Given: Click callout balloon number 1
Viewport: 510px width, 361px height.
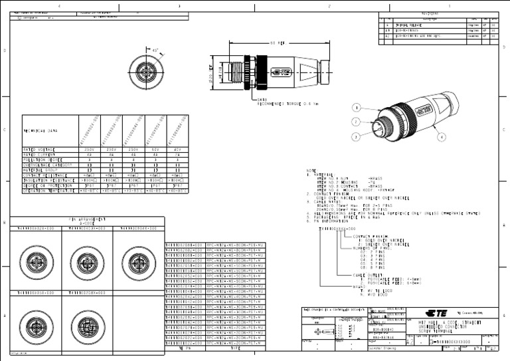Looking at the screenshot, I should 357,107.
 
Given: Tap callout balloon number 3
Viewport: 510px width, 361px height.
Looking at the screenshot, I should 357,136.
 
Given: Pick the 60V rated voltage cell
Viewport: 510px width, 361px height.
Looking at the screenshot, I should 155,150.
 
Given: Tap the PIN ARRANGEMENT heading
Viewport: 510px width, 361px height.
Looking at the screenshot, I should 87,218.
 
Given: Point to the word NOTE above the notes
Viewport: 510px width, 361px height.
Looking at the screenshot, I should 311,171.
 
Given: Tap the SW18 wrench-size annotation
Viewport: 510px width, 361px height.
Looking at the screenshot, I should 262,99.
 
